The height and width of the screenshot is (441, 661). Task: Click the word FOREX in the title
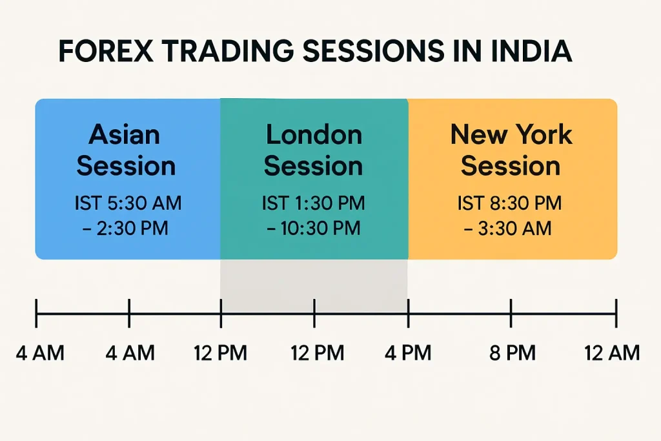(106, 51)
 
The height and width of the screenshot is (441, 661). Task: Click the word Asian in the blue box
(125, 134)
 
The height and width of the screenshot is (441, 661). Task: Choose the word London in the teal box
(314, 134)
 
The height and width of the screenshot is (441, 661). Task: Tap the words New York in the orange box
(511, 134)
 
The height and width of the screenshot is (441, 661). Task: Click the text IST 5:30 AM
(128, 203)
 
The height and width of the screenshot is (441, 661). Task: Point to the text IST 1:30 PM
(313, 203)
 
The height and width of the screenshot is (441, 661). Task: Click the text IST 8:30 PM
(510, 203)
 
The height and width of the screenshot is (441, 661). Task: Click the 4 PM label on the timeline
(408, 353)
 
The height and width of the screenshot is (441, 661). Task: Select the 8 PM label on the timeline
(512, 353)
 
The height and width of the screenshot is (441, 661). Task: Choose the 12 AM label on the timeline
(612, 353)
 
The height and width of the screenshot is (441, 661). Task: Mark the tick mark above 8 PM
(511, 313)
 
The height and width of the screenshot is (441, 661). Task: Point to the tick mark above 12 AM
(616, 313)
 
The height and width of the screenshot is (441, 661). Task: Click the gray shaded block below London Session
(314, 286)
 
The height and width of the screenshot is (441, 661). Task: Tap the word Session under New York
(511, 166)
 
